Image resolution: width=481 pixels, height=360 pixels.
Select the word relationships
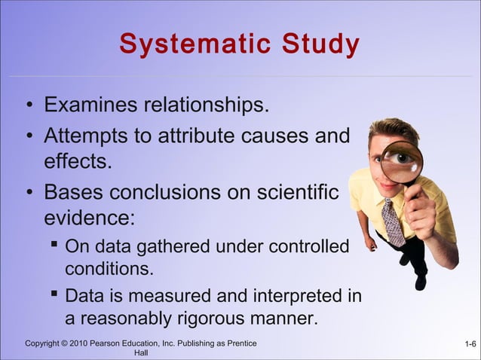207,105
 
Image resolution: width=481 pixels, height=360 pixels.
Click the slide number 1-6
470,345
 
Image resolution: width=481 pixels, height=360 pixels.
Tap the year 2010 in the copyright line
78,344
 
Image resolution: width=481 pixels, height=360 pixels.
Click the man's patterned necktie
393,221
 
